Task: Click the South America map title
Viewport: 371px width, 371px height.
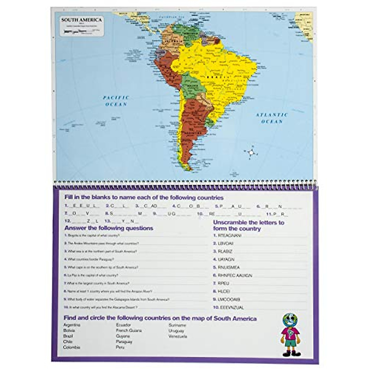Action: pos(81,20)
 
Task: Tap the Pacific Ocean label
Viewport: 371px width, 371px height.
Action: pos(116,101)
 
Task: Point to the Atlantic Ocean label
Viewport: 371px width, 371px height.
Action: pos(272,118)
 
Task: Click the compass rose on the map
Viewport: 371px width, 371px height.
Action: pos(251,152)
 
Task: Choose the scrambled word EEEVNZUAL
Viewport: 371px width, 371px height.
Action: pos(232,308)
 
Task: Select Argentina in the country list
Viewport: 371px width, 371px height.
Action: pos(72,325)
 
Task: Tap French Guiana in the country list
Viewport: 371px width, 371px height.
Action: pos(129,330)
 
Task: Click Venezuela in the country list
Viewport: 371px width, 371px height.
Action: pos(178,336)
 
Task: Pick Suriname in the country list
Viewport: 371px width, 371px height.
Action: pos(177,325)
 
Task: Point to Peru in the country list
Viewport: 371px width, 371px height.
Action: pos(120,347)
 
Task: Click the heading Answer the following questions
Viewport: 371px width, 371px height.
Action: pos(109,228)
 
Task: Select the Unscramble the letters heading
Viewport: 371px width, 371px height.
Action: pos(249,226)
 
